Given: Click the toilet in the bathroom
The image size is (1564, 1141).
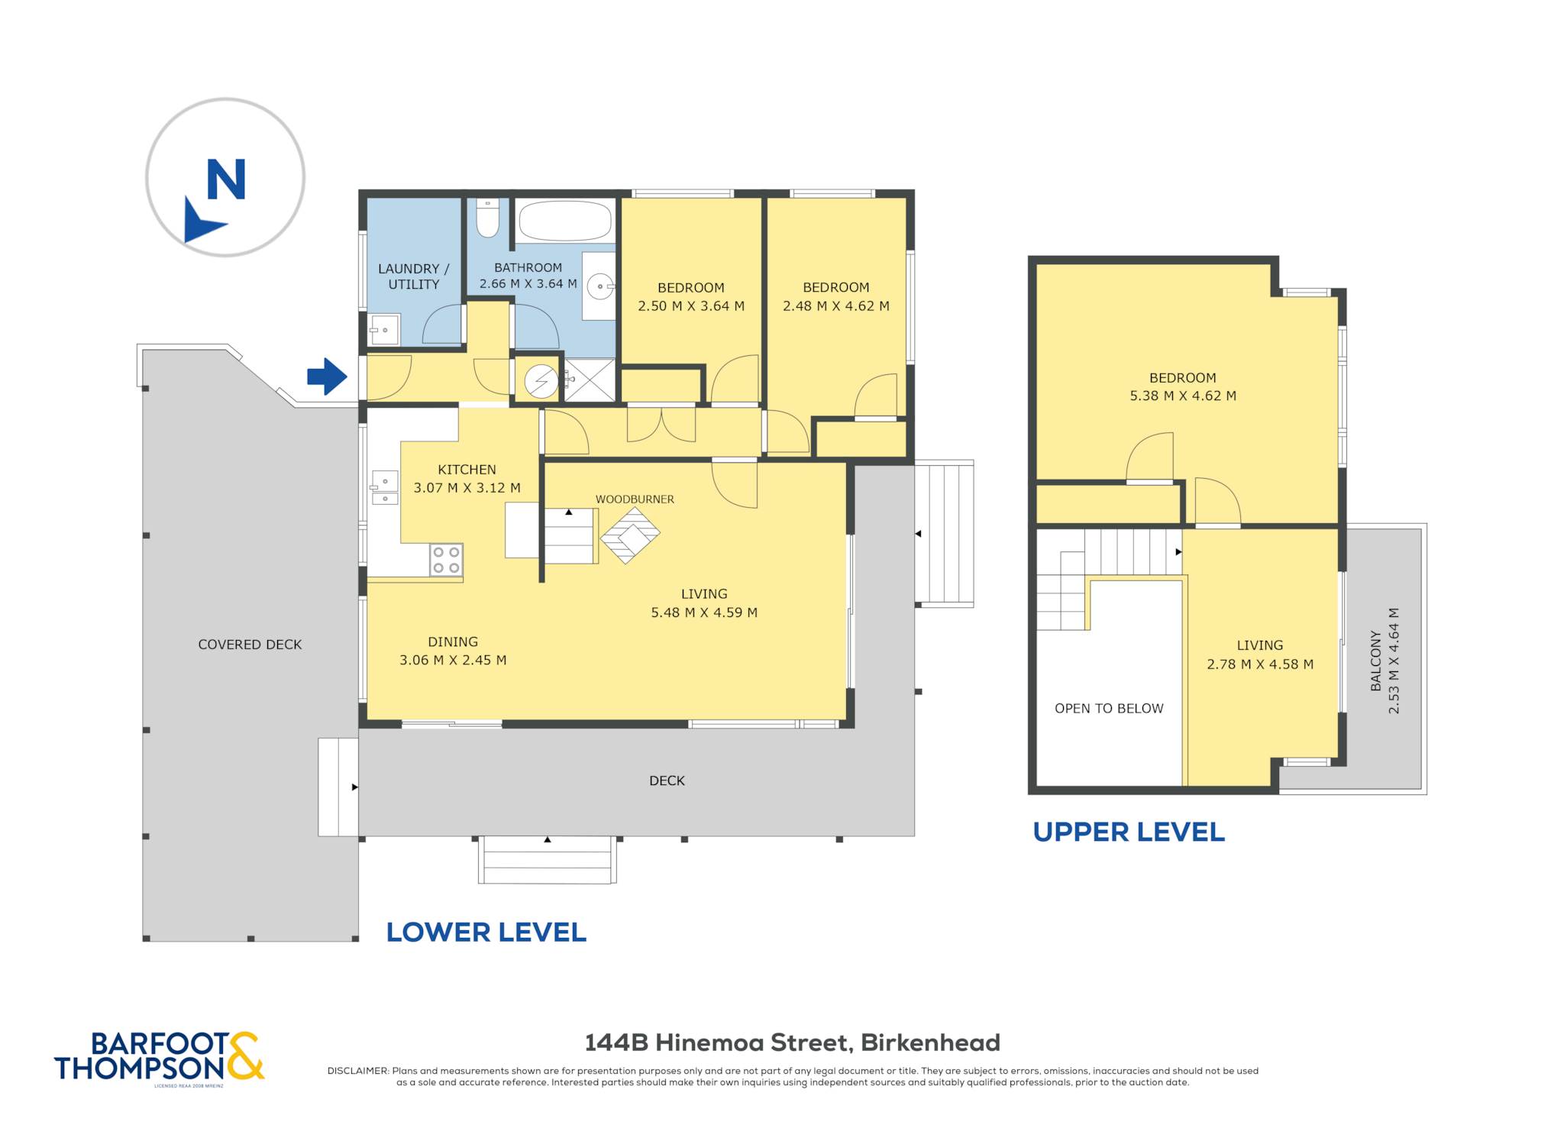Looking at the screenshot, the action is pos(487,218).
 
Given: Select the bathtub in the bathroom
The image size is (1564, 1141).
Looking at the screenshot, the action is pos(565,221).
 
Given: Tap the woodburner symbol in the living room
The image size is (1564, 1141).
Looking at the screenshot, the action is pos(630,535).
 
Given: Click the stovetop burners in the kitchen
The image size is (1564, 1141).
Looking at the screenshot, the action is pos(446,559).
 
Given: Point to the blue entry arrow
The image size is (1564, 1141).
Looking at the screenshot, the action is pos(328,377).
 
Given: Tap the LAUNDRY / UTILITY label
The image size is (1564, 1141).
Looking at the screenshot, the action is pos(414,276).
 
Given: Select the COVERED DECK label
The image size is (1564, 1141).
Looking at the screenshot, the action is pos(250,645).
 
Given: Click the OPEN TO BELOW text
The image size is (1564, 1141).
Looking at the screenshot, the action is pos(1109,709).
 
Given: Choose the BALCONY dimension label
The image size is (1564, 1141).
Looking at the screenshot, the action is pos(1385,661).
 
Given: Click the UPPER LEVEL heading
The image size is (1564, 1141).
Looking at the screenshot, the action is pos(1129,832).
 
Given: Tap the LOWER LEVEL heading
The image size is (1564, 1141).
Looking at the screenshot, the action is pos(486,932).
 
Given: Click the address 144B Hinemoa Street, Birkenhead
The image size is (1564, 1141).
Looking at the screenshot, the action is pos(792,1042).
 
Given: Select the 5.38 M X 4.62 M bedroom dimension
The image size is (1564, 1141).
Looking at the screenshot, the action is pos(1183,396).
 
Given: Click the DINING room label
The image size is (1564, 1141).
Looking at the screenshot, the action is pos(453,642).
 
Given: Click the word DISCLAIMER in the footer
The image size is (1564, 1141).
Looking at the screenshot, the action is pos(358,1071).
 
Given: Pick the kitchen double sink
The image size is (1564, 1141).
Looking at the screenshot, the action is pos(385,488).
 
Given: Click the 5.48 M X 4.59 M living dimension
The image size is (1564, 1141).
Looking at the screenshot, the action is pos(704,613).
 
